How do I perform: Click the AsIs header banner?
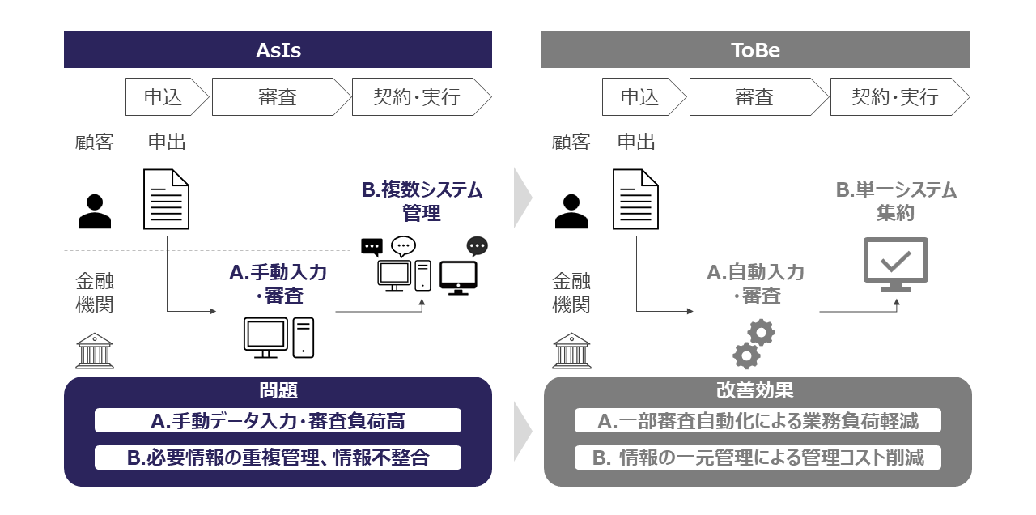278,49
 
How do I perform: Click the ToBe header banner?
754,49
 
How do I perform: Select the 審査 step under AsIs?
278,97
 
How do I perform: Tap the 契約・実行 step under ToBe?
895,97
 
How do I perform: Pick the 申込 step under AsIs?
163,97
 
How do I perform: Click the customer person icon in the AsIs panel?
95,211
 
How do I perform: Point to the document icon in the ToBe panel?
635,199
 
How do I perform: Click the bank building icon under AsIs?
95,351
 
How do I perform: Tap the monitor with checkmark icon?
895,264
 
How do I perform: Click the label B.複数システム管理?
421,202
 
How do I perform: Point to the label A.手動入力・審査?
278,283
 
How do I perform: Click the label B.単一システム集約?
895,202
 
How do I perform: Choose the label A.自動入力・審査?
755,283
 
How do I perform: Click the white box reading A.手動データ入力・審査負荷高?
278,421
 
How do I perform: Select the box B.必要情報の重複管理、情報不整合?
278,458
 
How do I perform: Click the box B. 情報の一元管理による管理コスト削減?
758,458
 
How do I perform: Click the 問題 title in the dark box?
278,390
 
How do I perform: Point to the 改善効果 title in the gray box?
754,390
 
